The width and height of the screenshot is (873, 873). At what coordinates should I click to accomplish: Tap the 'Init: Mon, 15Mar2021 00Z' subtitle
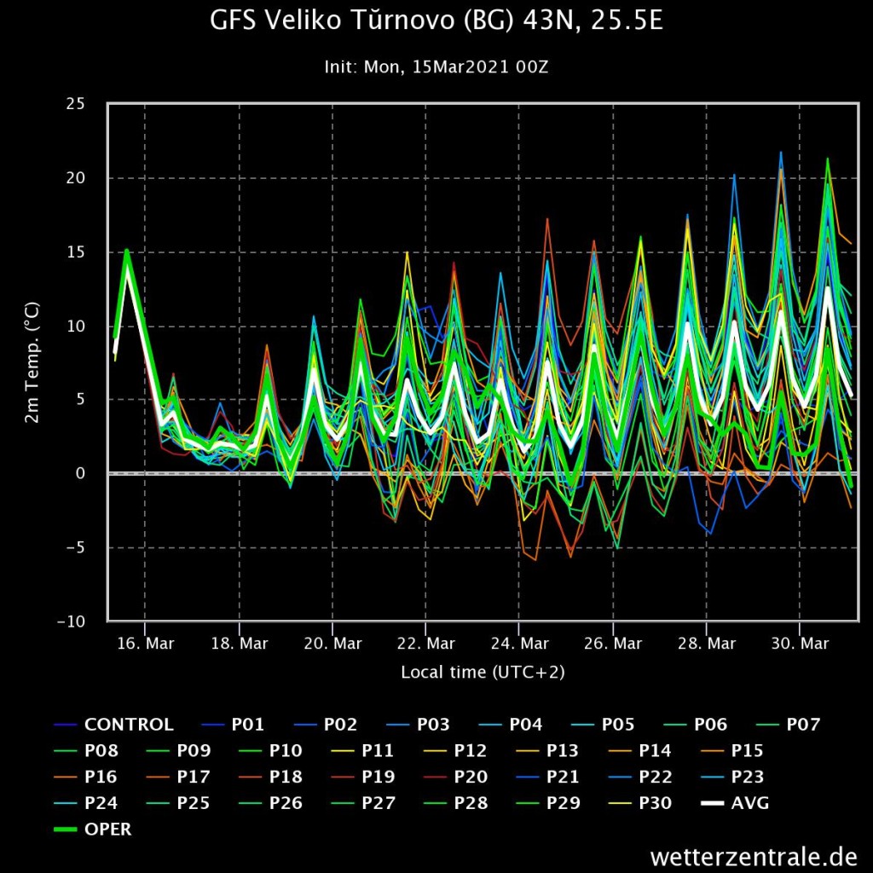[x=436, y=67]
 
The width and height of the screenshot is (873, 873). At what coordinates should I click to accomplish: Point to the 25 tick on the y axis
[x=75, y=103]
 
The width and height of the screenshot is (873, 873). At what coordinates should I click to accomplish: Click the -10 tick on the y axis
[x=72, y=622]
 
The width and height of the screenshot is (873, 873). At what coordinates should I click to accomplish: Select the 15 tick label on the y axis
[x=75, y=252]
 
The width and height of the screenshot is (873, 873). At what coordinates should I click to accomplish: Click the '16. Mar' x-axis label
[x=145, y=644]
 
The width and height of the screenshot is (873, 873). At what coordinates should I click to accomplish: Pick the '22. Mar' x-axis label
[x=426, y=644]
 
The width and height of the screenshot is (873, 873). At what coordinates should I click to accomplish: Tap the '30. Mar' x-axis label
[x=800, y=644]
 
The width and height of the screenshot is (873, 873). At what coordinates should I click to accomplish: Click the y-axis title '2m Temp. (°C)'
[x=32, y=362]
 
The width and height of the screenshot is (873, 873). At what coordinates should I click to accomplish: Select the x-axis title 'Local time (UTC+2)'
[x=483, y=672]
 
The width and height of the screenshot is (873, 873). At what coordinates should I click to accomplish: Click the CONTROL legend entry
[x=113, y=725]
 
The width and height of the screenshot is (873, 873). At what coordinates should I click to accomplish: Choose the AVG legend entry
[x=735, y=803]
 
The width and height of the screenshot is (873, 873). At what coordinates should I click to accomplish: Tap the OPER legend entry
[x=92, y=829]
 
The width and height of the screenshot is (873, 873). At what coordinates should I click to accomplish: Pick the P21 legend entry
[x=548, y=777]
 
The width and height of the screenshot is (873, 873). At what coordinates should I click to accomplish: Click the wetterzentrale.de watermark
[x=754, y=856]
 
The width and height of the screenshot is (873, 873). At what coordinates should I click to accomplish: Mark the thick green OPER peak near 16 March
[x=127, y=251]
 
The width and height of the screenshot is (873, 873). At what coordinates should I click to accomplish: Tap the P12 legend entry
[x=455, y=750]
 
